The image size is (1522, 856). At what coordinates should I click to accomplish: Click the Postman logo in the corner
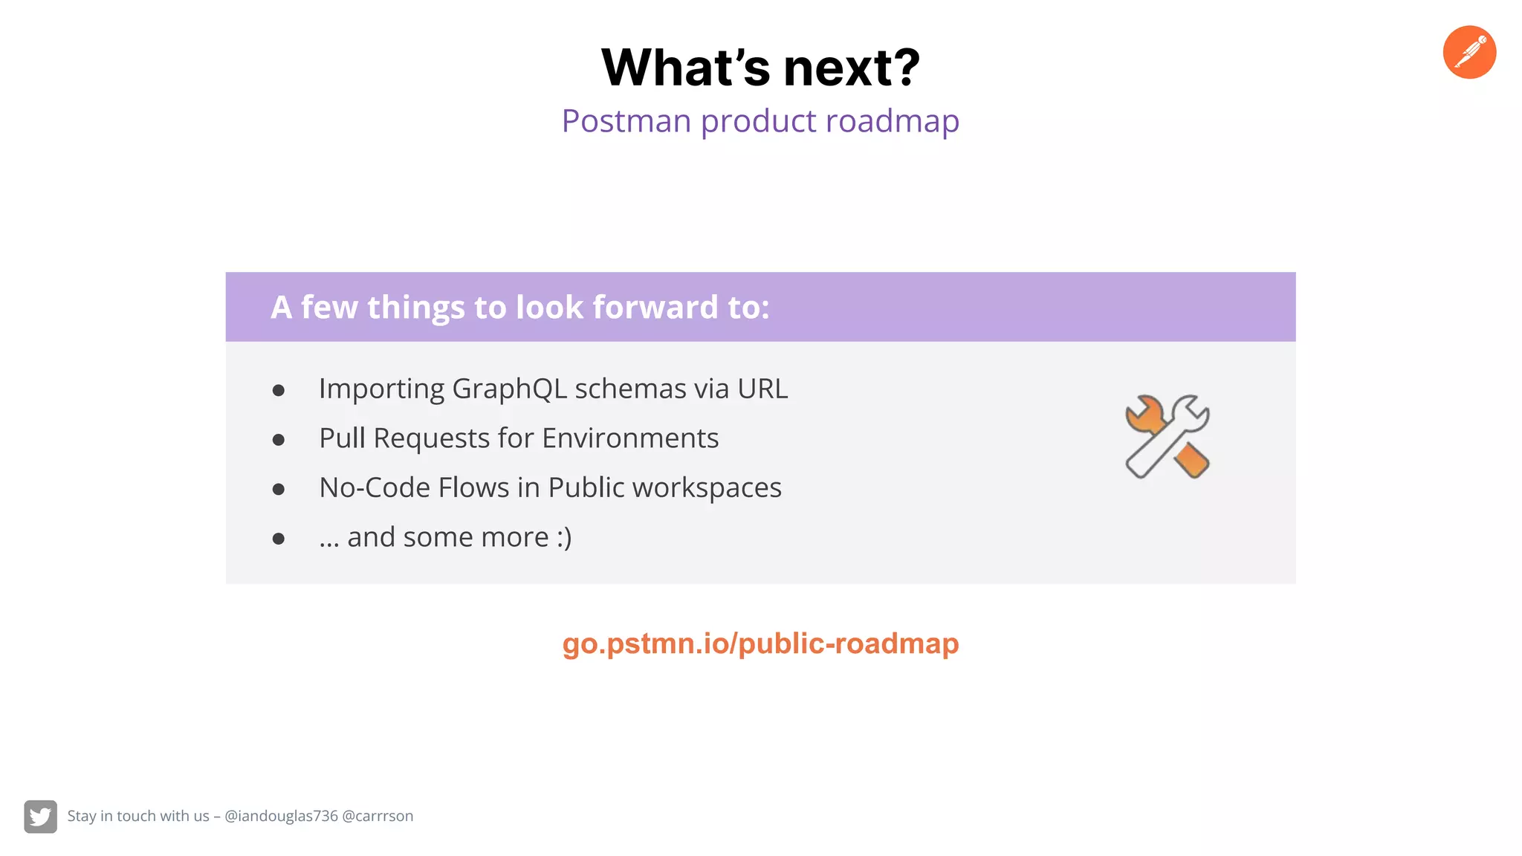(x=1468, y=52)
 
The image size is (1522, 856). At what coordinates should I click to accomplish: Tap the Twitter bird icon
(x=40, y=817)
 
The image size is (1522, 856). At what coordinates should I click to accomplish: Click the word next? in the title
(x=852, y=68)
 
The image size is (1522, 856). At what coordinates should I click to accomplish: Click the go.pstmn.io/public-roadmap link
(x=760, y=643)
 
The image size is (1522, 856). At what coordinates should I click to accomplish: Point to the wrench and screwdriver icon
(x=1168, y=437)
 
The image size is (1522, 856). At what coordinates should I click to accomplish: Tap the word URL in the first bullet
(x=762, y=389)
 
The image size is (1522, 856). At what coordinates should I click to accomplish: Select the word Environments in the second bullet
(x=630, y=438)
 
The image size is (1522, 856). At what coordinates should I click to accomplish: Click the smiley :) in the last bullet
(x=564, y=537)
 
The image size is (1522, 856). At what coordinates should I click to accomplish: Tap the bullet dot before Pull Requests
(x=279, y=440)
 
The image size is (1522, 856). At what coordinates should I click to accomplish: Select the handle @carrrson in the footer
(x=378, y=816)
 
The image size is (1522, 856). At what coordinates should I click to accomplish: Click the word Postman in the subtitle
(x=626, y=120)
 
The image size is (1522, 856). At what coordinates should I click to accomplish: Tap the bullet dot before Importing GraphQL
(x=279, y=391)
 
